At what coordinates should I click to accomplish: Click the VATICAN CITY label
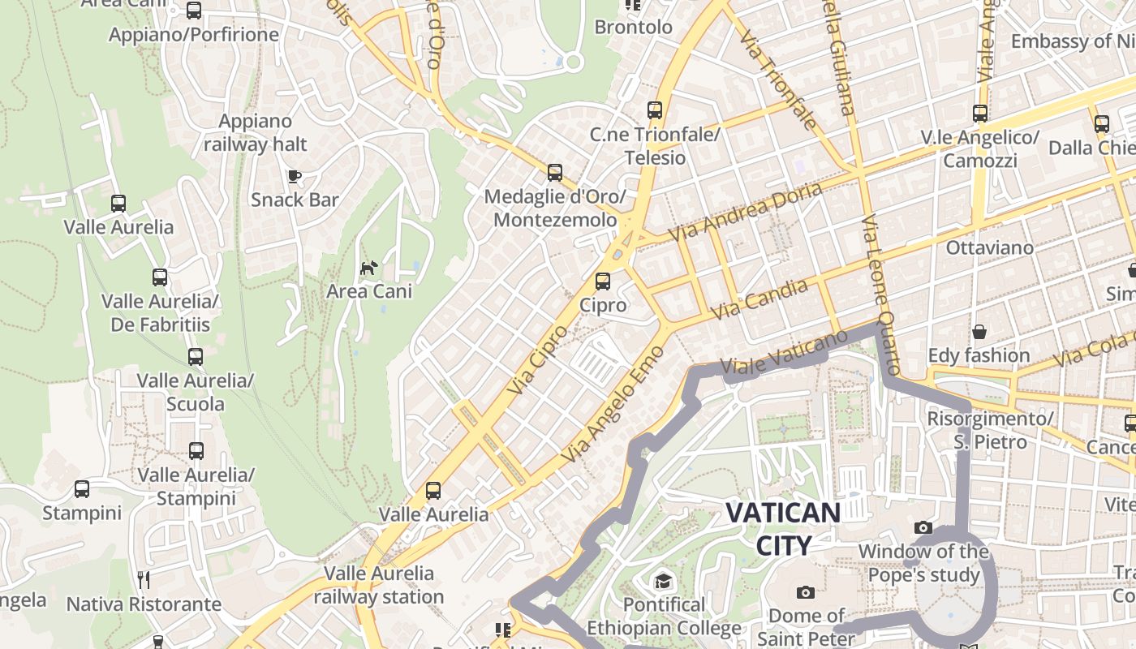click(782, 529)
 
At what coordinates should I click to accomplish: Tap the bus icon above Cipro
click(602, 282)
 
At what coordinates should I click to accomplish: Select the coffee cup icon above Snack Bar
click(294, 176)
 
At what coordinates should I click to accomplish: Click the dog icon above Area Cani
click(369, 268)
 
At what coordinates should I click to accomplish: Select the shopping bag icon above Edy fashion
click(979, 332)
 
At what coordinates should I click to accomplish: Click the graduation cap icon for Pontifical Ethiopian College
click(663, 581)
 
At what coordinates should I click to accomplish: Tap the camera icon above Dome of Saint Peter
click(805, 592)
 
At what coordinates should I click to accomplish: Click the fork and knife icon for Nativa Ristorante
click(144, 580)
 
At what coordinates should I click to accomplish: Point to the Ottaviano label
click(989, 247)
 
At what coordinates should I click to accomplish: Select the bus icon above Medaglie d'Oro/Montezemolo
click(554, 172)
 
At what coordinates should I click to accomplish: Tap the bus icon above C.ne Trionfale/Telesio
click(654, 110)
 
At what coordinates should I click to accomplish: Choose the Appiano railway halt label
click(255, 133)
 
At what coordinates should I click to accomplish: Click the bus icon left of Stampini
click(81, 489)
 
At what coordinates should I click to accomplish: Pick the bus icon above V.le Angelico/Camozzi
click(979, 114)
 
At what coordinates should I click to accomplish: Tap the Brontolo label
click(633, 27)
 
